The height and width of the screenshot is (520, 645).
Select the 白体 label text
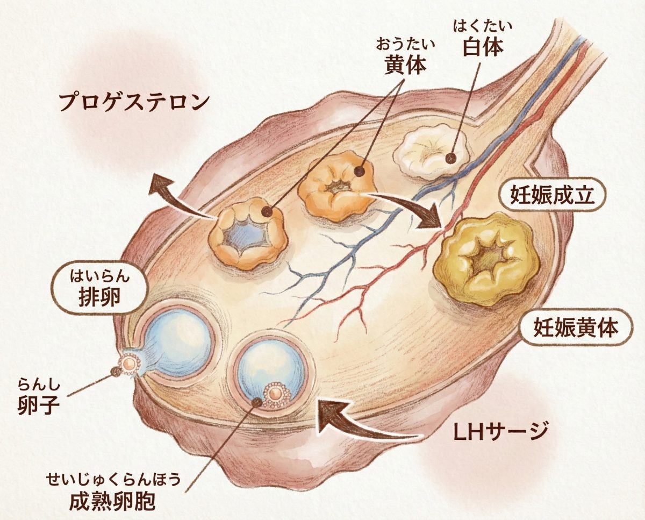pos(482,47)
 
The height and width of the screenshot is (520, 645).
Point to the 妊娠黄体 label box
pos(576,327)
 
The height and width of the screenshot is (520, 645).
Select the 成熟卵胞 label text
pos(112,501)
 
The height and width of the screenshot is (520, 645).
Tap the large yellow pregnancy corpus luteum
pos(488,259)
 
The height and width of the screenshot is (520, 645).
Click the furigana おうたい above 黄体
pos(405,42)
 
